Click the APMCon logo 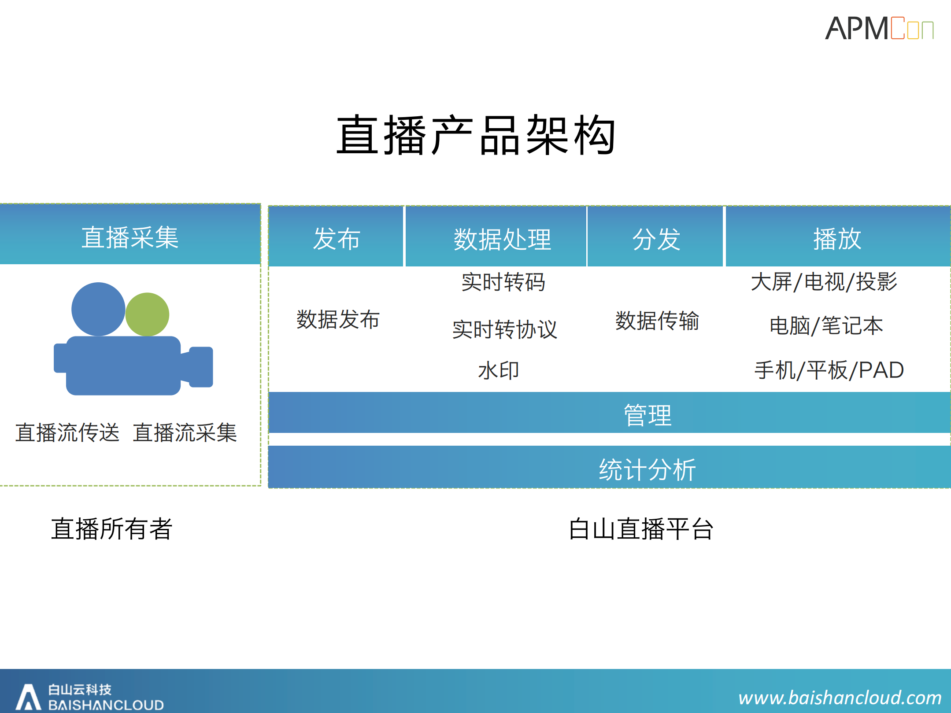(x=878, y=29)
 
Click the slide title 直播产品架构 (x=476, y=135)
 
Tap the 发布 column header (x=336, y=238)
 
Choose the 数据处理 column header (x=502, y=238)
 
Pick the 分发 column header (x=656, y=238)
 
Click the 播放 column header (x=836, y=238)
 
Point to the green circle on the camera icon (x=147, y=314)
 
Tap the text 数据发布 (x=338, y=319)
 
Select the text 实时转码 (x=503, y=282)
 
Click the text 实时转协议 (x=504, y=329)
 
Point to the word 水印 (x=498, y=370)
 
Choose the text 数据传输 (x=657, y=321)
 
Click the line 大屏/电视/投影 (x=824, y=282)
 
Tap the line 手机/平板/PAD (x=829, y=370)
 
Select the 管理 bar (x=648, y=414)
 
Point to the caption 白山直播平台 (x=640, y=529)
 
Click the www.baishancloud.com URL (x=840, y=698)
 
